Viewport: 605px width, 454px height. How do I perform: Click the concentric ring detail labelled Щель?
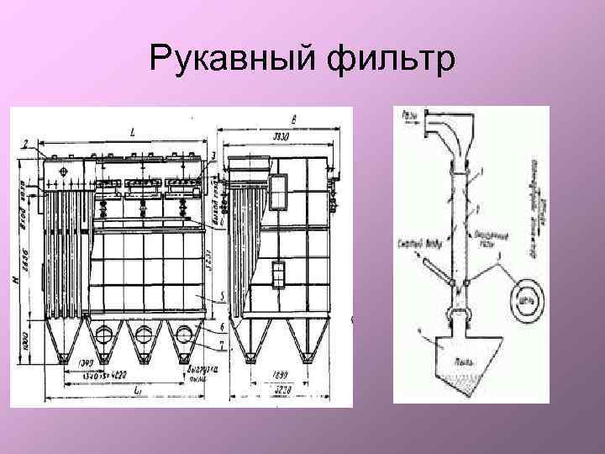click(525, 296)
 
